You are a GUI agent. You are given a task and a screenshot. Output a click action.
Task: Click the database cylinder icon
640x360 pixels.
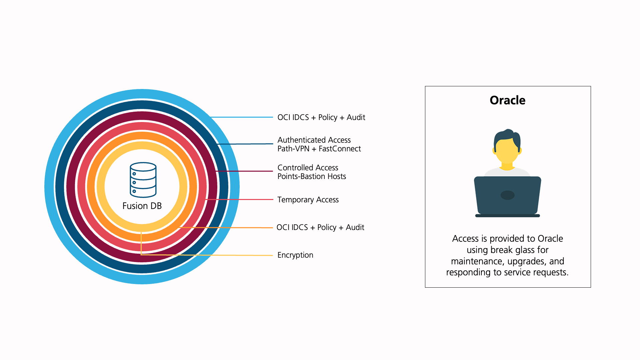143,180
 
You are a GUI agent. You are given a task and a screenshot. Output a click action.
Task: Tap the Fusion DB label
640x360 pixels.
142,206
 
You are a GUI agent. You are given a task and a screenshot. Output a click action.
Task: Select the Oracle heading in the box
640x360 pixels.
507,100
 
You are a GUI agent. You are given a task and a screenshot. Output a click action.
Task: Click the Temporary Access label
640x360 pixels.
308,200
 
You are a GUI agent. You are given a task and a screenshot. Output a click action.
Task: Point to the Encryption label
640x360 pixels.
295,255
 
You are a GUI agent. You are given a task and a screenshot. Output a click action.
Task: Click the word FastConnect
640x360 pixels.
340,149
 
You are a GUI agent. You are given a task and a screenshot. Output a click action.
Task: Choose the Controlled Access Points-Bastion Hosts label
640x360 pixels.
312,172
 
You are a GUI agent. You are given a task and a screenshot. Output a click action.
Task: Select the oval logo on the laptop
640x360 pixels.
507,195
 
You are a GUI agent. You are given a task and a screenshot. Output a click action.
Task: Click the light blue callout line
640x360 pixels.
242,117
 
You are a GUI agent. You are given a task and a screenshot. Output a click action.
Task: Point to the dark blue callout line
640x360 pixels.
245,144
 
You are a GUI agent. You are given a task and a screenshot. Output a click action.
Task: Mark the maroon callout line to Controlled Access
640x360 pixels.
244,171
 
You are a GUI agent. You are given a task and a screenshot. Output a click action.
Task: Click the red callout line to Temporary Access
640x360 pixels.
239,199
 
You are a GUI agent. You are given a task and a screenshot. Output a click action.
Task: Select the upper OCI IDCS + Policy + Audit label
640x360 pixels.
321,117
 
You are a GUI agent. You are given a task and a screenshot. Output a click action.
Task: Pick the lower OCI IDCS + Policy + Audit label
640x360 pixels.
320,227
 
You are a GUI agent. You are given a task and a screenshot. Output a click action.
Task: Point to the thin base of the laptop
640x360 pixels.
507,216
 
